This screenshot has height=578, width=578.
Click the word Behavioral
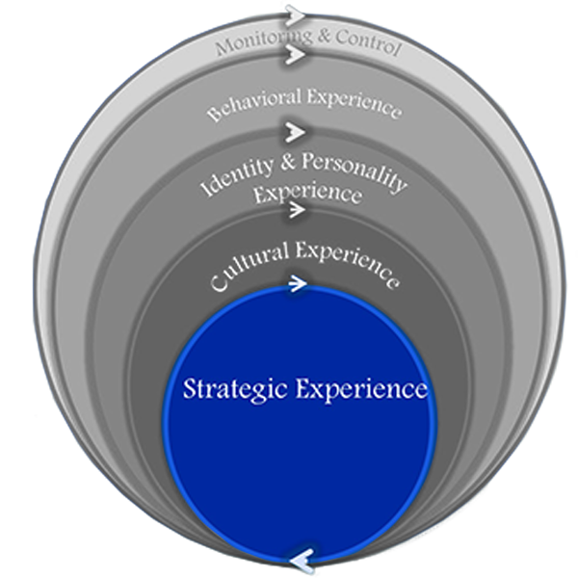click(247, 103)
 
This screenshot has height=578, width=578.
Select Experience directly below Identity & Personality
click(307, 195)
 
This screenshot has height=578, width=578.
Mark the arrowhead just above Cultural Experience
click(295, 208)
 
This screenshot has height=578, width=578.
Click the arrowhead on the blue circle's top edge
click(297, 283)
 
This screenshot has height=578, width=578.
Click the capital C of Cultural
click(216, 281)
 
